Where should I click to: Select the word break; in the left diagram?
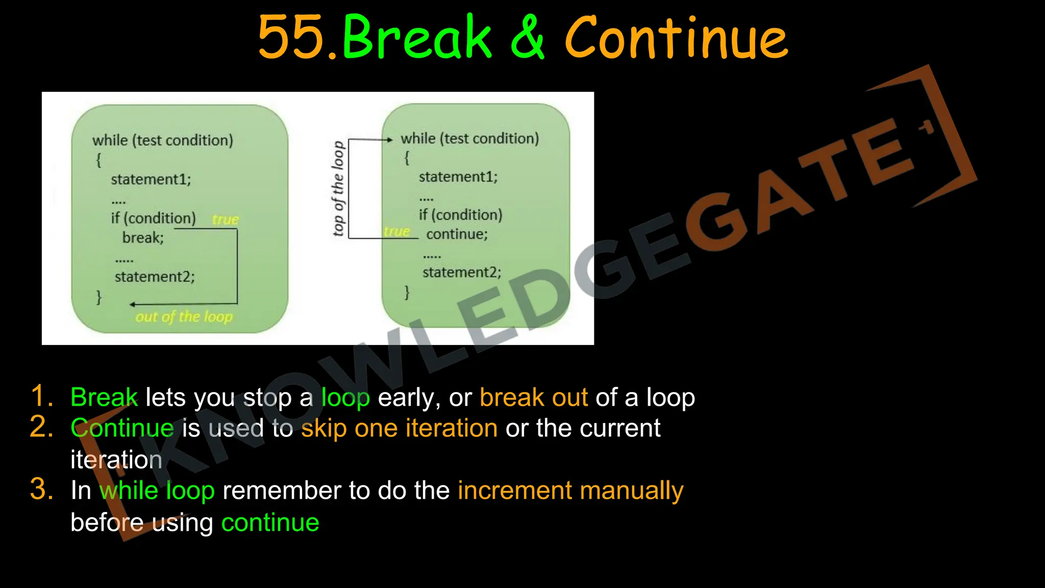click(143, 238)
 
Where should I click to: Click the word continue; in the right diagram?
click(457, 234)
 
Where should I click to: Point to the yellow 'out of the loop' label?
click(184, 317)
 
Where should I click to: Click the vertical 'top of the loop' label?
click(338, 189)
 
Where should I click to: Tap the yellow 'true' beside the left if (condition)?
click(225, 219)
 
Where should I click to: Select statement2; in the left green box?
click(155, 277)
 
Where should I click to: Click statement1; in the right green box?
click(458, 177)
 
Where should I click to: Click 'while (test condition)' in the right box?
click(469, 138)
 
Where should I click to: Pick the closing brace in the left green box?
click(99, 297)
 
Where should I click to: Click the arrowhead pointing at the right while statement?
click(390, 139)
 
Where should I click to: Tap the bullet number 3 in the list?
click(41, 489)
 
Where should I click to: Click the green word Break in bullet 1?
click(104, 397)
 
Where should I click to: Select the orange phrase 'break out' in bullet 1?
click(533, 397)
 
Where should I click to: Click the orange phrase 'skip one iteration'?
click(399, 428)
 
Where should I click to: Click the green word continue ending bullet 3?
click(270, 522)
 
